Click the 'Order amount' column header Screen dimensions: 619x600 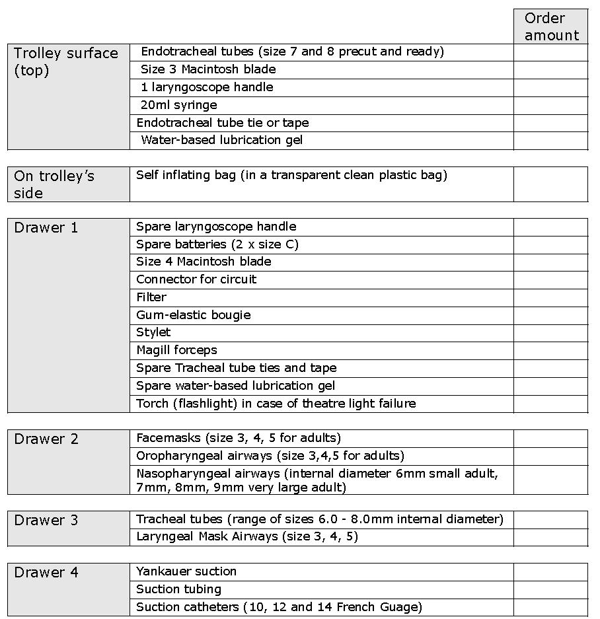point(551,26)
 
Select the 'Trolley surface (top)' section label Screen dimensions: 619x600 point(66,61)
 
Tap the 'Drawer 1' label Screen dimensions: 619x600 point(46,228)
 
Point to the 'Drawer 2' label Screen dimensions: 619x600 point(46,439)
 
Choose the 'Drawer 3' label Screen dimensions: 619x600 point(46,521)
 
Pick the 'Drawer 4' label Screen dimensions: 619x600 point(46,573)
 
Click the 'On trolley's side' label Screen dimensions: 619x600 point(54,184)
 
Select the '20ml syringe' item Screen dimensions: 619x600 point(178,105)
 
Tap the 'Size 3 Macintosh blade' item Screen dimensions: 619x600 point(208,69)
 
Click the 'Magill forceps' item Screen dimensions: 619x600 point(176,350)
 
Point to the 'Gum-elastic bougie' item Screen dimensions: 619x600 point(194,315)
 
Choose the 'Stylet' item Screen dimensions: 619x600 point(153,332)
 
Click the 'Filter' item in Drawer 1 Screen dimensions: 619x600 point(151,297)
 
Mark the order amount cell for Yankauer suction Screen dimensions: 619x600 point(550,572)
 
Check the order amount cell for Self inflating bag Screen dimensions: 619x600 point(550,184)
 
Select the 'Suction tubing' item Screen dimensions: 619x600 point(178,589)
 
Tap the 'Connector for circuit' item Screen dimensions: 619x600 point(196,279)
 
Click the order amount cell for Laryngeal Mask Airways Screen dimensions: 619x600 point(550,537)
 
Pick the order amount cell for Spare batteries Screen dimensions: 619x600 point(550,244)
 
